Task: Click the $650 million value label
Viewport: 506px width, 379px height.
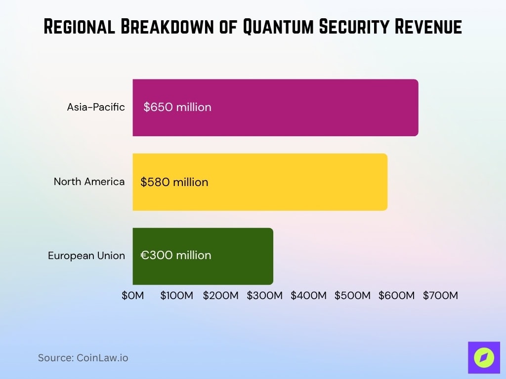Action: coord(177,107)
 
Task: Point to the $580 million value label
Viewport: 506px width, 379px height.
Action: coord(174,182)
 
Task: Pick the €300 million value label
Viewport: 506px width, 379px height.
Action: coord(176,255)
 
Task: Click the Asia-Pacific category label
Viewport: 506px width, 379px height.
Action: coord(96,107)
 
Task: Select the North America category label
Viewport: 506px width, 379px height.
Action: coord(89,182)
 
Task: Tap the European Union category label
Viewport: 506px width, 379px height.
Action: coord(86,256)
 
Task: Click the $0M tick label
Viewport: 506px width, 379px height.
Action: coord(133,296)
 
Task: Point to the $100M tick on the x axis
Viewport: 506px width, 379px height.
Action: coord(177,296)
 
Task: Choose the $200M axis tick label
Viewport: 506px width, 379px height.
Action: coord(221,296)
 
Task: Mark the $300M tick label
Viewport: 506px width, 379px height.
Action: coord(265,296)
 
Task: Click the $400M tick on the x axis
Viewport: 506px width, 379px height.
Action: coord(308,296)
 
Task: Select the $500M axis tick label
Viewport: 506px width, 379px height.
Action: coord(352,296)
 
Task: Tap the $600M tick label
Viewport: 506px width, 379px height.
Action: coord(396,296)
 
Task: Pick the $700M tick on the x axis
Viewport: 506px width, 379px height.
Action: coord(440,296)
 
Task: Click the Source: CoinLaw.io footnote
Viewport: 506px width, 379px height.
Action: coord(83,358)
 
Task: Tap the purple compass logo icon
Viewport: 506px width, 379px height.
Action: coord(484,357)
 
